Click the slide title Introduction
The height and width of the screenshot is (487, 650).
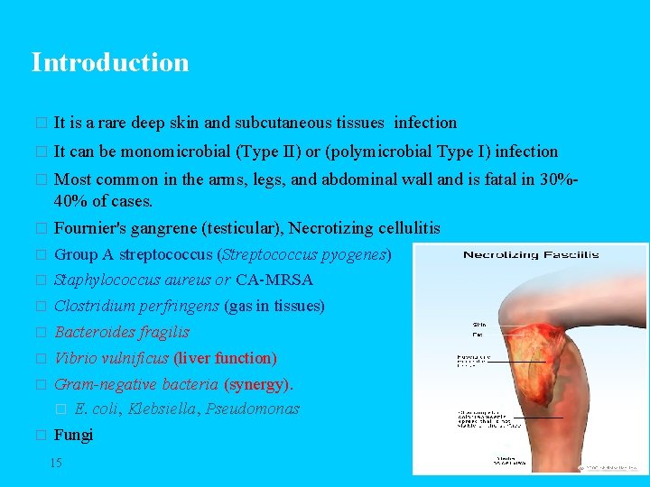(x=110, y=62)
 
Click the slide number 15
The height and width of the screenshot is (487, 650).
(x=56, y=463)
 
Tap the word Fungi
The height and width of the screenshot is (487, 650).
(x=73, y=435)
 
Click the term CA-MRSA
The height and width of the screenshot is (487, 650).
(x=274, y=280)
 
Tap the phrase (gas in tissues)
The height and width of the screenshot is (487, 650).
(x=274, y=306)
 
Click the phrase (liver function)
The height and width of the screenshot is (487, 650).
(x=225, y=358)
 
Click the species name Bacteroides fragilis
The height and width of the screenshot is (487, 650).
(x=122, y=332)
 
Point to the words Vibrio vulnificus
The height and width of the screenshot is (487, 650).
(x=112, y=358)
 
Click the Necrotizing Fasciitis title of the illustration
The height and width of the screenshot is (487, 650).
(x=531, y=255)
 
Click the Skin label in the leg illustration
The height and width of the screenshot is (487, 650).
(x=478, y=325)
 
